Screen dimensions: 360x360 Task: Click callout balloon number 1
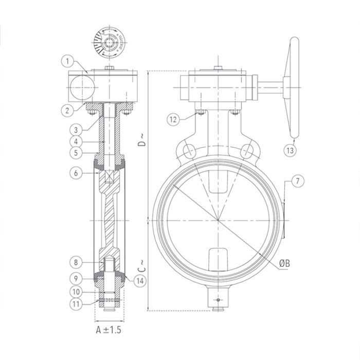[x=67, y=61]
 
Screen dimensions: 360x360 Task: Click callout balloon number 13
[x=291, y=150]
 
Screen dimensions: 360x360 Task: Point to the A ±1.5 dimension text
[x=109, y=329]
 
